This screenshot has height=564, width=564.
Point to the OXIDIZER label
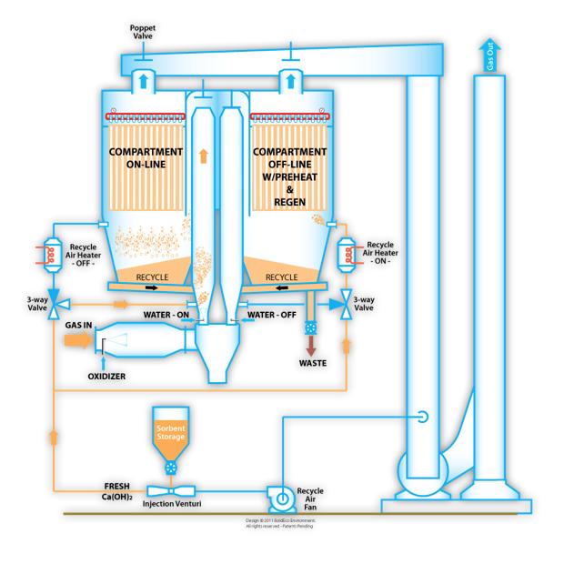pyautogui.click(x=106, y=372)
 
